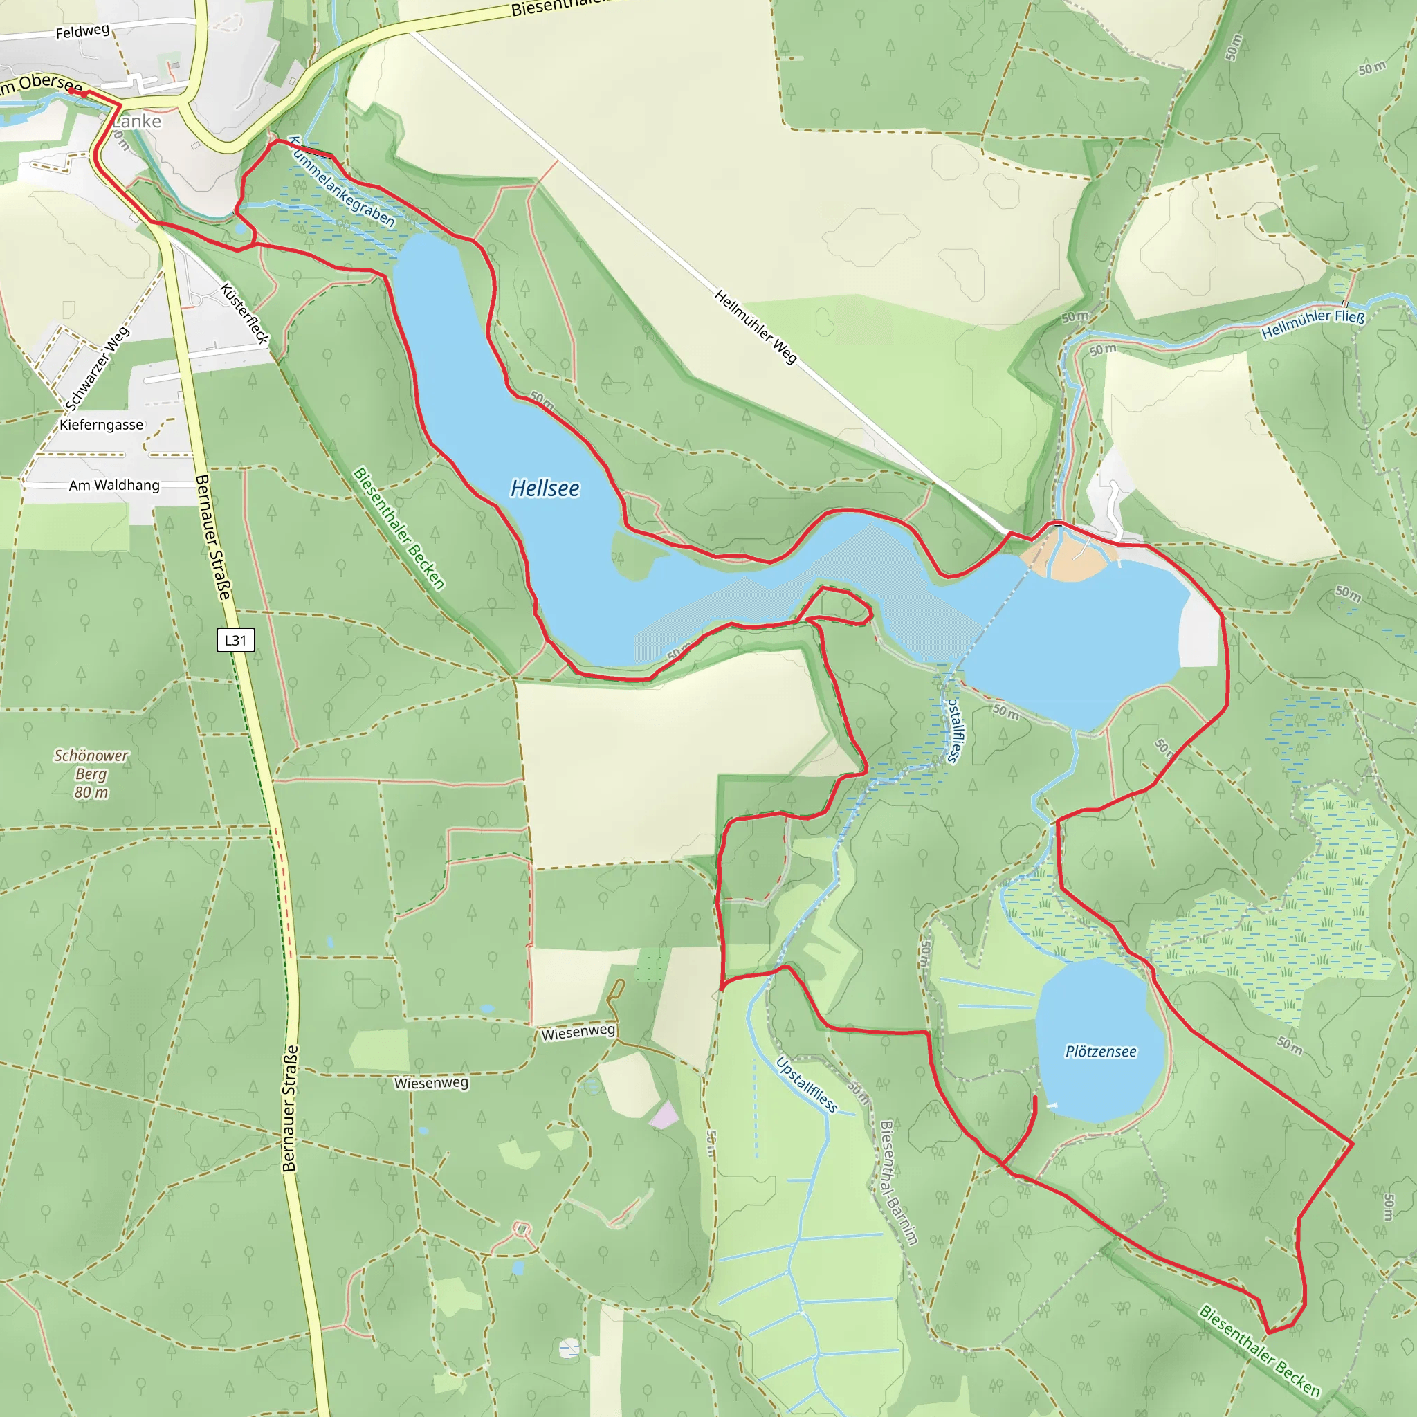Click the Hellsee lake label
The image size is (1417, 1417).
[x=545, y=488]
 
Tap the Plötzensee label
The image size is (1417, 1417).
[x=1100, y=1052]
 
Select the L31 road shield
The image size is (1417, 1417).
[x=235, y=640]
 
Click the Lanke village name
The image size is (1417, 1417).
[x=137, y=122]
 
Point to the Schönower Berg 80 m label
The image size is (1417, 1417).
[x=91, y=774]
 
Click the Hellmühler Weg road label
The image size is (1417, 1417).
[x=755, y=327]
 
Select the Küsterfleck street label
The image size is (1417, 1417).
[x=245, y=314]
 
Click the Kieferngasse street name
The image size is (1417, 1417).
[x=101, y=426]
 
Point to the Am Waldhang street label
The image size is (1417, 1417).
[x=113, y=486]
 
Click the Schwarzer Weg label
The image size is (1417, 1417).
[x=98, y=368]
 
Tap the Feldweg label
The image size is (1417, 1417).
[x=82, y=32]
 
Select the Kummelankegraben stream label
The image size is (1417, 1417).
[x=341, y=183]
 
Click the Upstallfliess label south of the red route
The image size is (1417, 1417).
[x=806, y=1085]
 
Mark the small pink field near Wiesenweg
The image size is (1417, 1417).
[x=664, y=1115]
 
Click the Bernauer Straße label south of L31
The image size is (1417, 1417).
[x=291, y=1108]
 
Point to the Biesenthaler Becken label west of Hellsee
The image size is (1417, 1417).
[x=399, y=529]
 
